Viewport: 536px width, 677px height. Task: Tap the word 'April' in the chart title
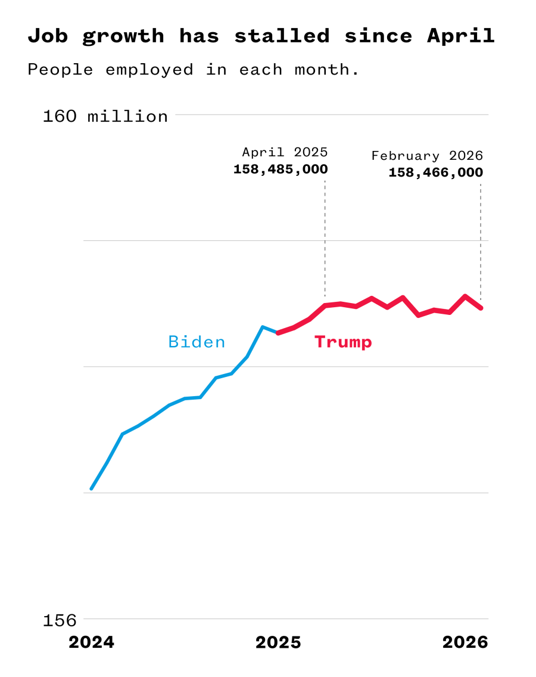(x=460, y=36)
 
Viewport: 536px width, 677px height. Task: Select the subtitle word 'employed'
(x=149, y=69)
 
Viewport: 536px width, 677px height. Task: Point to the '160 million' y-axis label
(x=105, y=116)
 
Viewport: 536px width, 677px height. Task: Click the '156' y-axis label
(x=60, y=621)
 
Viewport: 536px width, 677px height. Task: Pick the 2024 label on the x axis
(x=91, y=642)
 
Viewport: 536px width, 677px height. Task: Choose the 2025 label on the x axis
(x=278, y=642)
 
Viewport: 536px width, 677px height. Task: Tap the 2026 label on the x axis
(x=465, y=642)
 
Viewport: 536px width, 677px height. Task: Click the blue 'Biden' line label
(x=197, y=342)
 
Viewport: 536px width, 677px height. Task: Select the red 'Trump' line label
(x=343, y=342)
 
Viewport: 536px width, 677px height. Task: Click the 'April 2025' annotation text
(x=285, y=152)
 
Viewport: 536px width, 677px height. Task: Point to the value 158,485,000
(x=281, y=169)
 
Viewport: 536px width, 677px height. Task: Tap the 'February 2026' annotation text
(x=427, y=156)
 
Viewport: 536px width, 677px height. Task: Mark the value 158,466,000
(x=435, y=173)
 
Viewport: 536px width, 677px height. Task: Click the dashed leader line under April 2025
(x=325, y=239)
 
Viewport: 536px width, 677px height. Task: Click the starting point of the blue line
(x=91, y=489)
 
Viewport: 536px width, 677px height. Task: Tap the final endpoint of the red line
(x=481, y=308)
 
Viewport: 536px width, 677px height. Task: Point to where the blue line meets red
(x=278, y=332)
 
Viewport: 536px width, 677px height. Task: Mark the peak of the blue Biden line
(x=262, y=327)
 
